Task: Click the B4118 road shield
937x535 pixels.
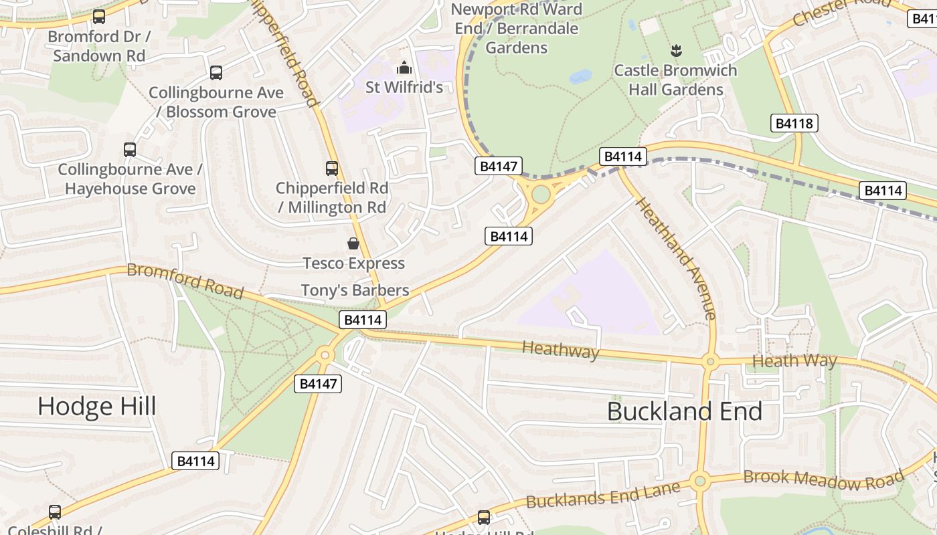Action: tap(794, 123)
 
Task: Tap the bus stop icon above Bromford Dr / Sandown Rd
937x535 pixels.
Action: tap(99, 17)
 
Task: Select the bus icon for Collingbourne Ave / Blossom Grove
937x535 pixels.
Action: tap(216, 73)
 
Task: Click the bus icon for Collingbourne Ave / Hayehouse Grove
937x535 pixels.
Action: tap(130, 150)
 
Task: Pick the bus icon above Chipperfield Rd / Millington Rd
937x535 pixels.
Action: tap(332, 169)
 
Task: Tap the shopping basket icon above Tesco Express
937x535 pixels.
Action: tap(353, 243)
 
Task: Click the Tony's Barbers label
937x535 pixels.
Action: tap(355, 290)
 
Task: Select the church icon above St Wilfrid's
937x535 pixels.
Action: tap(404, 68)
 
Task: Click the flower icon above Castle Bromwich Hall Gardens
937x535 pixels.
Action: tap(676, 51)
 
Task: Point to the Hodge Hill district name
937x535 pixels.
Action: tap(97, 406)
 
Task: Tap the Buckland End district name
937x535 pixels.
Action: tap(684, 411)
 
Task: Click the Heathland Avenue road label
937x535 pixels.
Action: tap(676, 257)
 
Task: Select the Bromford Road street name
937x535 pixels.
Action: tap(185, 280)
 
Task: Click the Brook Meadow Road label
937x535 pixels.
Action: tap(823, 479)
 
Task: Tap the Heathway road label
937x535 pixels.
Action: tap(560, 349)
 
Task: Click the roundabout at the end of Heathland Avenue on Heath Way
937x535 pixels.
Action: tap(710, 362)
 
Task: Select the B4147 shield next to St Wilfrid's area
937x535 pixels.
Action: tap(498, 167)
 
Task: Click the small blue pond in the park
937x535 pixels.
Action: tap(580, 77)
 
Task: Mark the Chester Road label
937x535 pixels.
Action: tap(841, 11)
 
